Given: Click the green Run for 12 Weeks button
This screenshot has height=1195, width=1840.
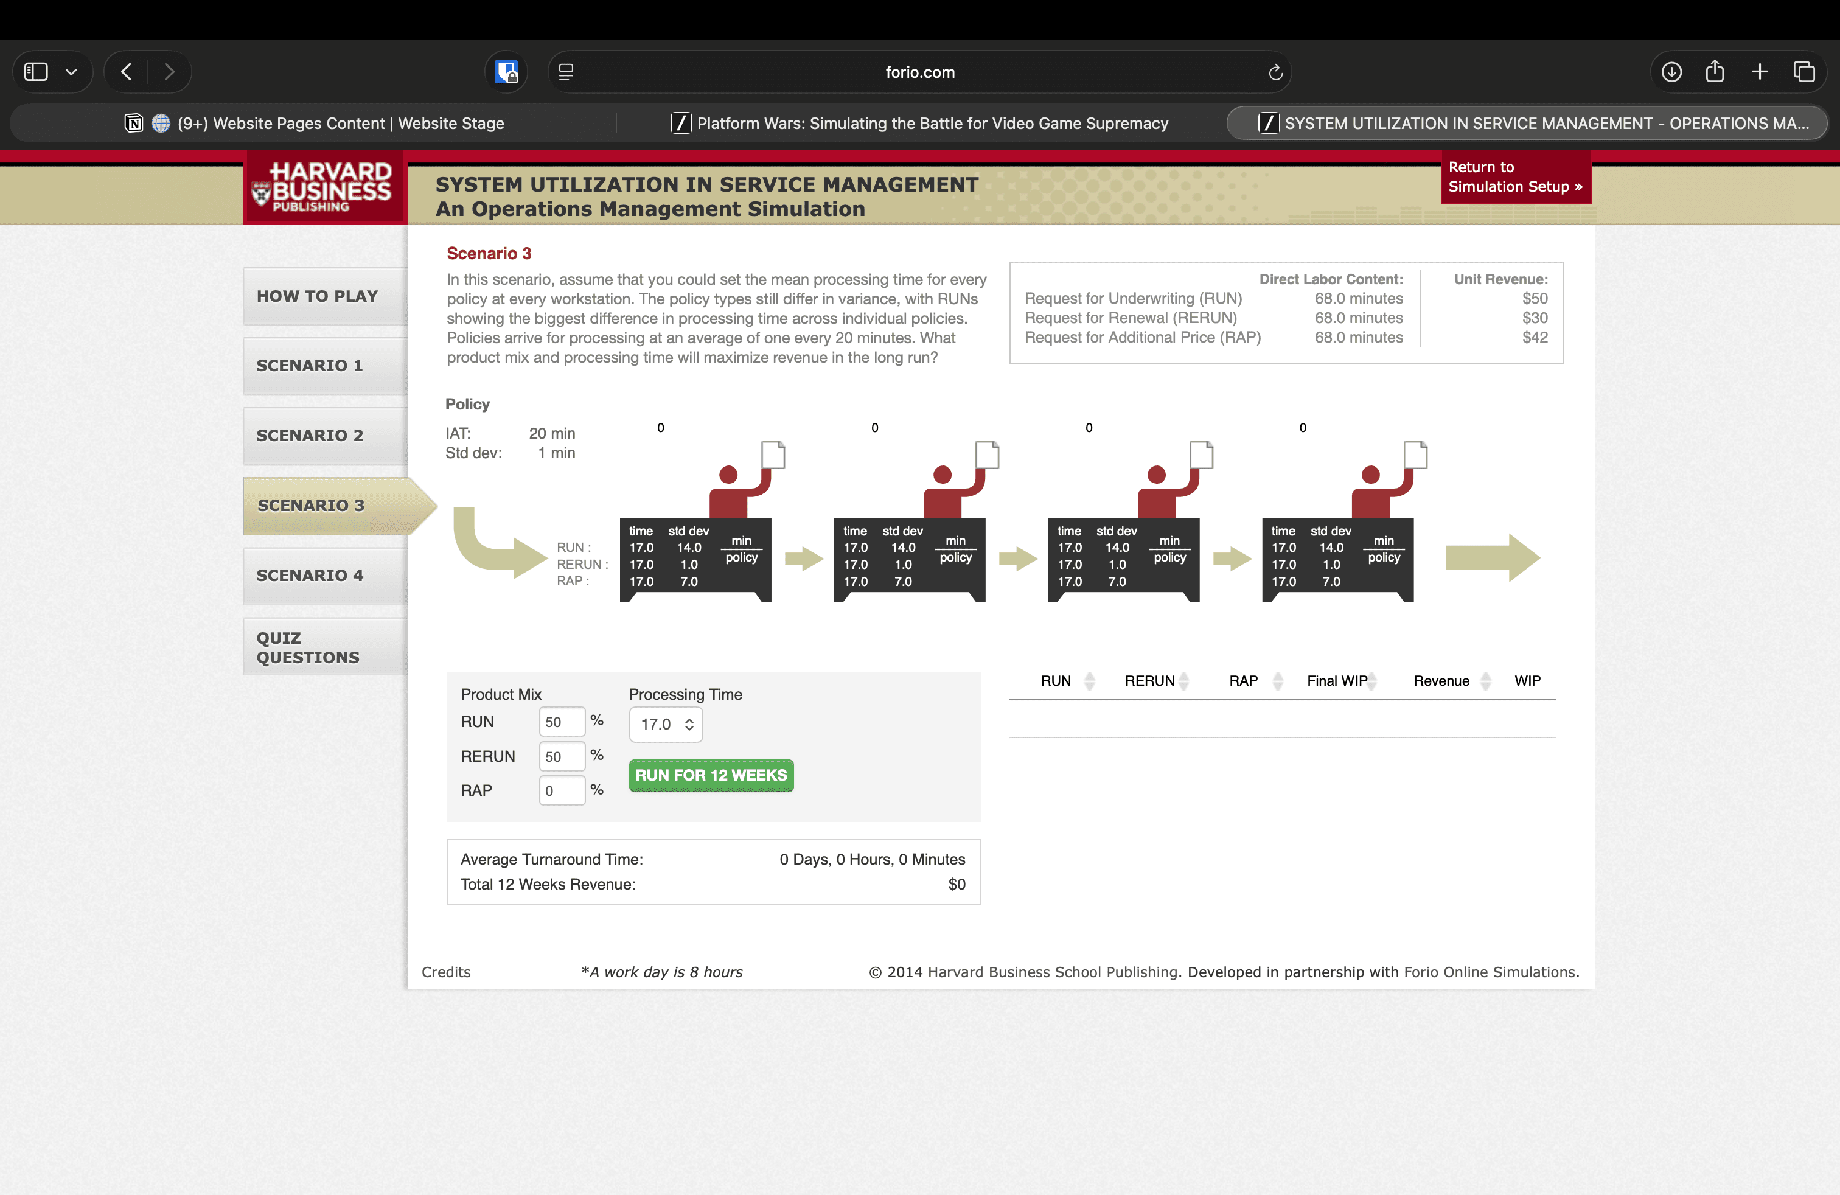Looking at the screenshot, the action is click(x=711, y=775).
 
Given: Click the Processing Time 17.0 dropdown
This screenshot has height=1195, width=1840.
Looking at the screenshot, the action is click(x=666, y=724).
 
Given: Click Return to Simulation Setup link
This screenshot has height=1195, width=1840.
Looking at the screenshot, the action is click(x=1515, y=177).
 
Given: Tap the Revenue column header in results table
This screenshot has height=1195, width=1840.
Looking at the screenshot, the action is click(x=1441, y=681).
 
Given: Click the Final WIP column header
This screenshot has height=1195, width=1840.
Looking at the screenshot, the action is click(x=1337, y=681).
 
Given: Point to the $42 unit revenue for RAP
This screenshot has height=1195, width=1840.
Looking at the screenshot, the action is click(x=1535, y=338).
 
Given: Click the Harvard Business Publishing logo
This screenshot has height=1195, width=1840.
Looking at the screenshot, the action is click(x=325, y=186).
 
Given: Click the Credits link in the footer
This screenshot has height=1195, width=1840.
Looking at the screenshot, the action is click(x=446, y=972).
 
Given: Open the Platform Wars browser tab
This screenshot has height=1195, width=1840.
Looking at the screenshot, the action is click(x=920, y=124).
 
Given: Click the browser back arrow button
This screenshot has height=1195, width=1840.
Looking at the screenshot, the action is click(x=127, y=72).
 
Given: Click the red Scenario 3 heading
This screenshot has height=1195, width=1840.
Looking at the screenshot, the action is click(x=489, y=254).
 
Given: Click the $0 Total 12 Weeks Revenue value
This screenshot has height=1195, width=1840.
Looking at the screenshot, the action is click(x=957, y=884).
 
